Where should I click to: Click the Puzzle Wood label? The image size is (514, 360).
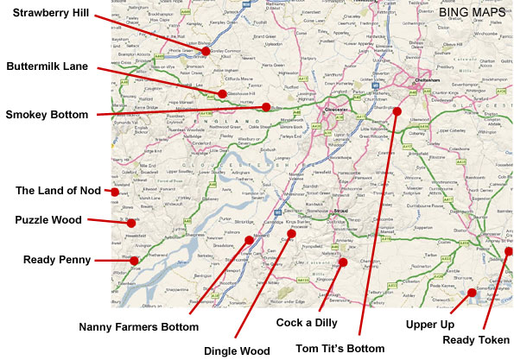[48, 220]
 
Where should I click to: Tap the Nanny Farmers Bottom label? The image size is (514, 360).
[138, 327]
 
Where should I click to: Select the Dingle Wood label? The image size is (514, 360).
[237, 351]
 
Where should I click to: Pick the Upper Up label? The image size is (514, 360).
[428, 325]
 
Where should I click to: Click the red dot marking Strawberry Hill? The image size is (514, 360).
[206, 51]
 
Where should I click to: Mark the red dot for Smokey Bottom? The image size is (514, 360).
[265, 107]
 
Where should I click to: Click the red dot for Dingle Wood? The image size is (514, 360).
[291, 234]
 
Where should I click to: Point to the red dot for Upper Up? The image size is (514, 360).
[473, 293]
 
